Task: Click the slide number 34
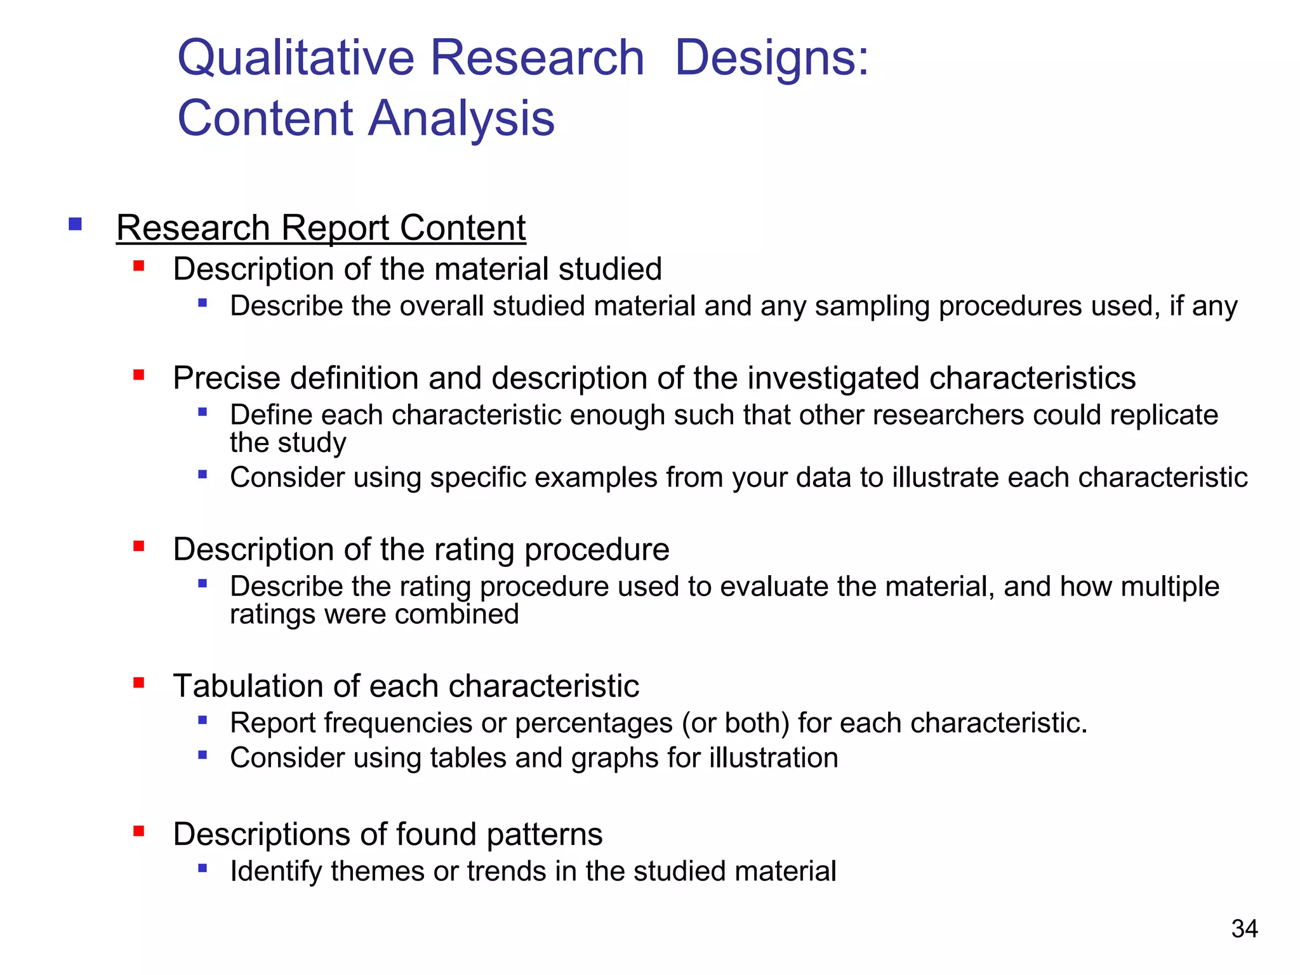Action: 1244,929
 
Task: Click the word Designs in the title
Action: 771,58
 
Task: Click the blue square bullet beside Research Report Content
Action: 76,224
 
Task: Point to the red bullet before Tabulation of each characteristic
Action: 139,683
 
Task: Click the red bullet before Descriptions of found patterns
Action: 139,831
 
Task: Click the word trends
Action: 507,872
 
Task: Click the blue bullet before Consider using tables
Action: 202,755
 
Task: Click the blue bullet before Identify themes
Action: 202,868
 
